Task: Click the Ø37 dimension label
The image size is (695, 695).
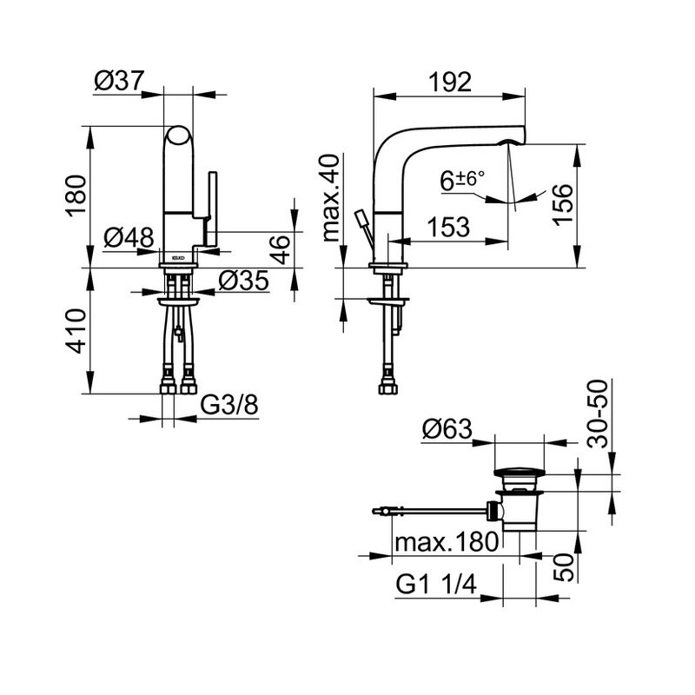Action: tap(119, 81)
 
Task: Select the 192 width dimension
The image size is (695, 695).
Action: tap(450, 83)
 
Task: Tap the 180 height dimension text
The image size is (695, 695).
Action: tap(76, 195)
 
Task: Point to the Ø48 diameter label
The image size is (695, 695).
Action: tap(129, 237)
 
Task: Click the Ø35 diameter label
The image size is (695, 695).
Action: tap(244, 280)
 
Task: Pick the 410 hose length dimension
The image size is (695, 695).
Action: tap(76, 331)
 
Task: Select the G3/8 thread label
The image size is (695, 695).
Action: tap(229, 405)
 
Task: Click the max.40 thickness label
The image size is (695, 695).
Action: tap(331, 198)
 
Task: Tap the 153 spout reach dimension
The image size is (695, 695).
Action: tap(448, 227)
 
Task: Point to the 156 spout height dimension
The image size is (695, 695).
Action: tap(563, 204)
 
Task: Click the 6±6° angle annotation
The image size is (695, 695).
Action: tap(462, 180)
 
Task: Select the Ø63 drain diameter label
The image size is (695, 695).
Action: tap(447, 429)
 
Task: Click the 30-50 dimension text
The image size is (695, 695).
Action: tap(598, 414)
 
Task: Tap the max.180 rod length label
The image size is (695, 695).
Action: tap(447, 541)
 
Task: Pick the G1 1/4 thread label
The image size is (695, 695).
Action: tap(436, 584)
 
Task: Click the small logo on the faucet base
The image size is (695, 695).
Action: tap(178, 257)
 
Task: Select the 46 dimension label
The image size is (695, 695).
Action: tap(280, 250)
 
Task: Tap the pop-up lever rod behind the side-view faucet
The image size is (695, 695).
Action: tap(364, 230)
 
